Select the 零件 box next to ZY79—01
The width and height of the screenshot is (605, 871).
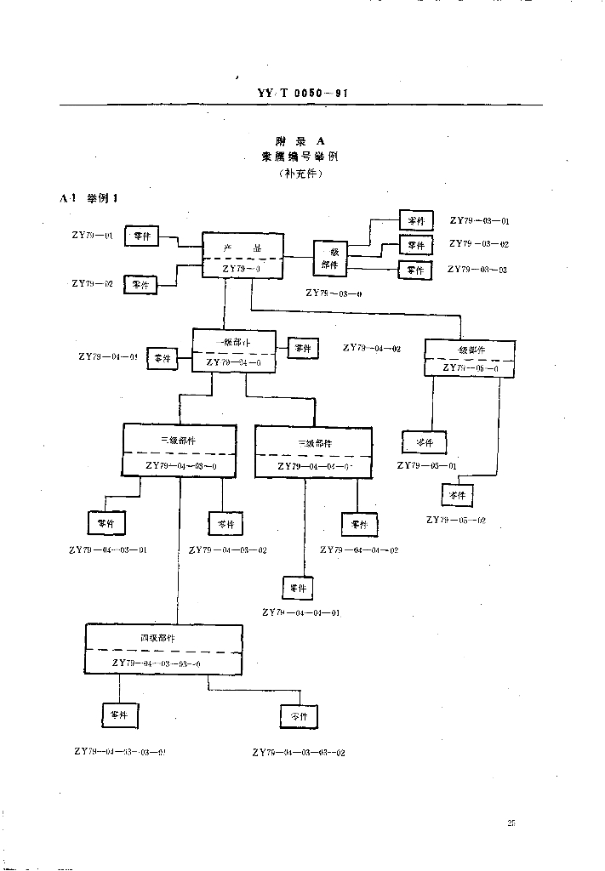coord(141,236)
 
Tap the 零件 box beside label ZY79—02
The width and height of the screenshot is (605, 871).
coord(140,284)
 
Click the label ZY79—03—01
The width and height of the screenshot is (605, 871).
coord(479,221)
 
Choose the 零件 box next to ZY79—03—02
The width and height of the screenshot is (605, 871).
coord(415,245)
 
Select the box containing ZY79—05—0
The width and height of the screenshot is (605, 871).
coord(470,358)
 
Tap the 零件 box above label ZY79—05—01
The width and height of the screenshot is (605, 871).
coord(424,442)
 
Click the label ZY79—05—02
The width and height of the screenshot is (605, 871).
coord(457,519)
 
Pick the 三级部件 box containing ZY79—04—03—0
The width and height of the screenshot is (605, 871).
coord(179,450)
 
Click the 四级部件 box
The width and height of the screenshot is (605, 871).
coord(164,648)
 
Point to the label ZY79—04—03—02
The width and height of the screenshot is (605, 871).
coord(228,550)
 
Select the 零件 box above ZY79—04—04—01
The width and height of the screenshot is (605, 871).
coord(298,588)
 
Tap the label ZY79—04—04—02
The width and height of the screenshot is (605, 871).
coord(359,549)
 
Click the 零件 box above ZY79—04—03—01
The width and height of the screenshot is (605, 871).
coord(106,522)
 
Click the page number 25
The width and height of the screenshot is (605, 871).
coord(511,823)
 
